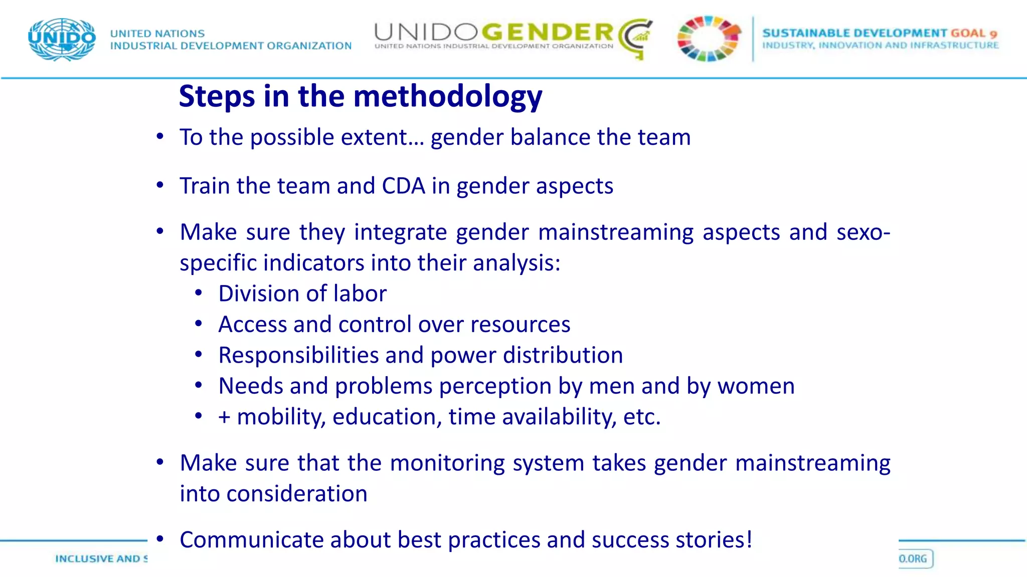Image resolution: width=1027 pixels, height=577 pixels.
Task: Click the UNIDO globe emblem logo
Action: [62, 40]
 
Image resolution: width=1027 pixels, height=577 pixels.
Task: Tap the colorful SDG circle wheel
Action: [709, 39]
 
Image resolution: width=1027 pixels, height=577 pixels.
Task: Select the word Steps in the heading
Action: [217, 96]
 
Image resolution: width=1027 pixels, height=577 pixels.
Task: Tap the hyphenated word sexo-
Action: [863, 232]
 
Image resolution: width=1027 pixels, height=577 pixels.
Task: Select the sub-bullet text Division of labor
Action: [302, 294]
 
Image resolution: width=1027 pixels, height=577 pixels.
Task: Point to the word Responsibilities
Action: [298, 355]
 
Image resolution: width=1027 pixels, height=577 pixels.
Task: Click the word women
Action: [756, 386]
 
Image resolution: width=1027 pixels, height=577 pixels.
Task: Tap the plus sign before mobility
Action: [224, 417]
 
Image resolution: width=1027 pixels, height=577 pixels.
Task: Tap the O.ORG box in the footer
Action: [915, 558]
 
